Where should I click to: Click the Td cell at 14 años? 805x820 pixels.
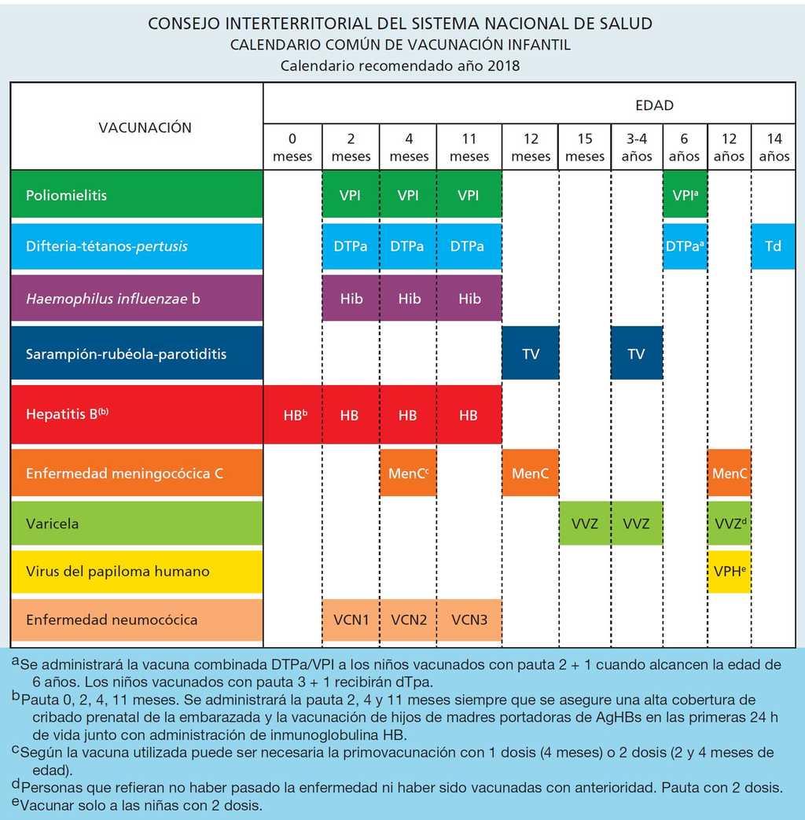click(x=773, y=246)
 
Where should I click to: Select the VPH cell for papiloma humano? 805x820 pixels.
click(x=730, y=572)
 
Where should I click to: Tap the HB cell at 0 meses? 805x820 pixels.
click(x=292, y=414)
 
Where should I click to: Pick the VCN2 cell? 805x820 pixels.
click(x=409, y=620)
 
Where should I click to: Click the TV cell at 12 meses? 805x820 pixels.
click(x=531, y=354)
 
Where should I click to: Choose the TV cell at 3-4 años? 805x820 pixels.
click(x=636, y=354)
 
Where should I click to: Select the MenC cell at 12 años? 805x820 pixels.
click(x=730, y=474)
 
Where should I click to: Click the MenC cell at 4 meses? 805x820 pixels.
click(x=409, y=474)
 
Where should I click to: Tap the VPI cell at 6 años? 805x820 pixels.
click(x=685, y=195)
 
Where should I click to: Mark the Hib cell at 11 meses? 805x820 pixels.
click(x=469, y=299)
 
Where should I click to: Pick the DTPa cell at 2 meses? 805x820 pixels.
click(x=351, y=246)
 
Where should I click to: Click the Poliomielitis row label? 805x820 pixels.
click(x=66, y=195)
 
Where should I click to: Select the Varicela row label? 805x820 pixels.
click(x=52, y=524)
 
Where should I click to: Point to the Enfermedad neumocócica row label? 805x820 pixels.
click(x=101, y=620)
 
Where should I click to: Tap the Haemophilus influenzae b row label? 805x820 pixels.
click(x=113, y=299)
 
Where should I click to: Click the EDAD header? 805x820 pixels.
click(x=654, y=105)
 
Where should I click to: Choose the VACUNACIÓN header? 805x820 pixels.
click(x=145, y=127)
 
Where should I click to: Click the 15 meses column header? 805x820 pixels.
click(x=585, y=147)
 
